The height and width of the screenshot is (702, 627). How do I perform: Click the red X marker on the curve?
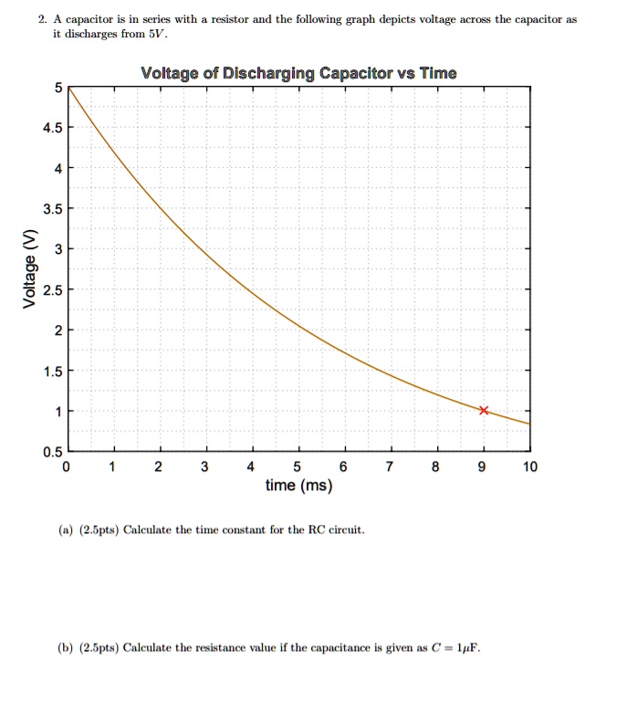click(x=484, y=411)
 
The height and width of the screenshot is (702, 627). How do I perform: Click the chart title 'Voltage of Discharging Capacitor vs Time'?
click(x=299, y=73)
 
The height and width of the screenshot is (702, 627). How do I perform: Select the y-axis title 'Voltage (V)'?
click(x=33, y=270)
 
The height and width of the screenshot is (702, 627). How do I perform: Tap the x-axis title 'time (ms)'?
click(x=298, y=486)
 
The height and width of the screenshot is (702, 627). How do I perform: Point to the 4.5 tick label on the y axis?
click(x=51, y=128)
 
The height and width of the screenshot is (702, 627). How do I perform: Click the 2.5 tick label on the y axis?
click(x=51, y=291)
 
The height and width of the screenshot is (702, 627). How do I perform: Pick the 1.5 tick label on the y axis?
click(x=51, y=372)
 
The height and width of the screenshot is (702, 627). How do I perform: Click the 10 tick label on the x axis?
click(x=530, y=467)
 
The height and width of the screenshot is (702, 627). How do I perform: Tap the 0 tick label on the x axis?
click(x=67, y=467)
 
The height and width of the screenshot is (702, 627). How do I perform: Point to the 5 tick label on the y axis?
click(x=57, y=88)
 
